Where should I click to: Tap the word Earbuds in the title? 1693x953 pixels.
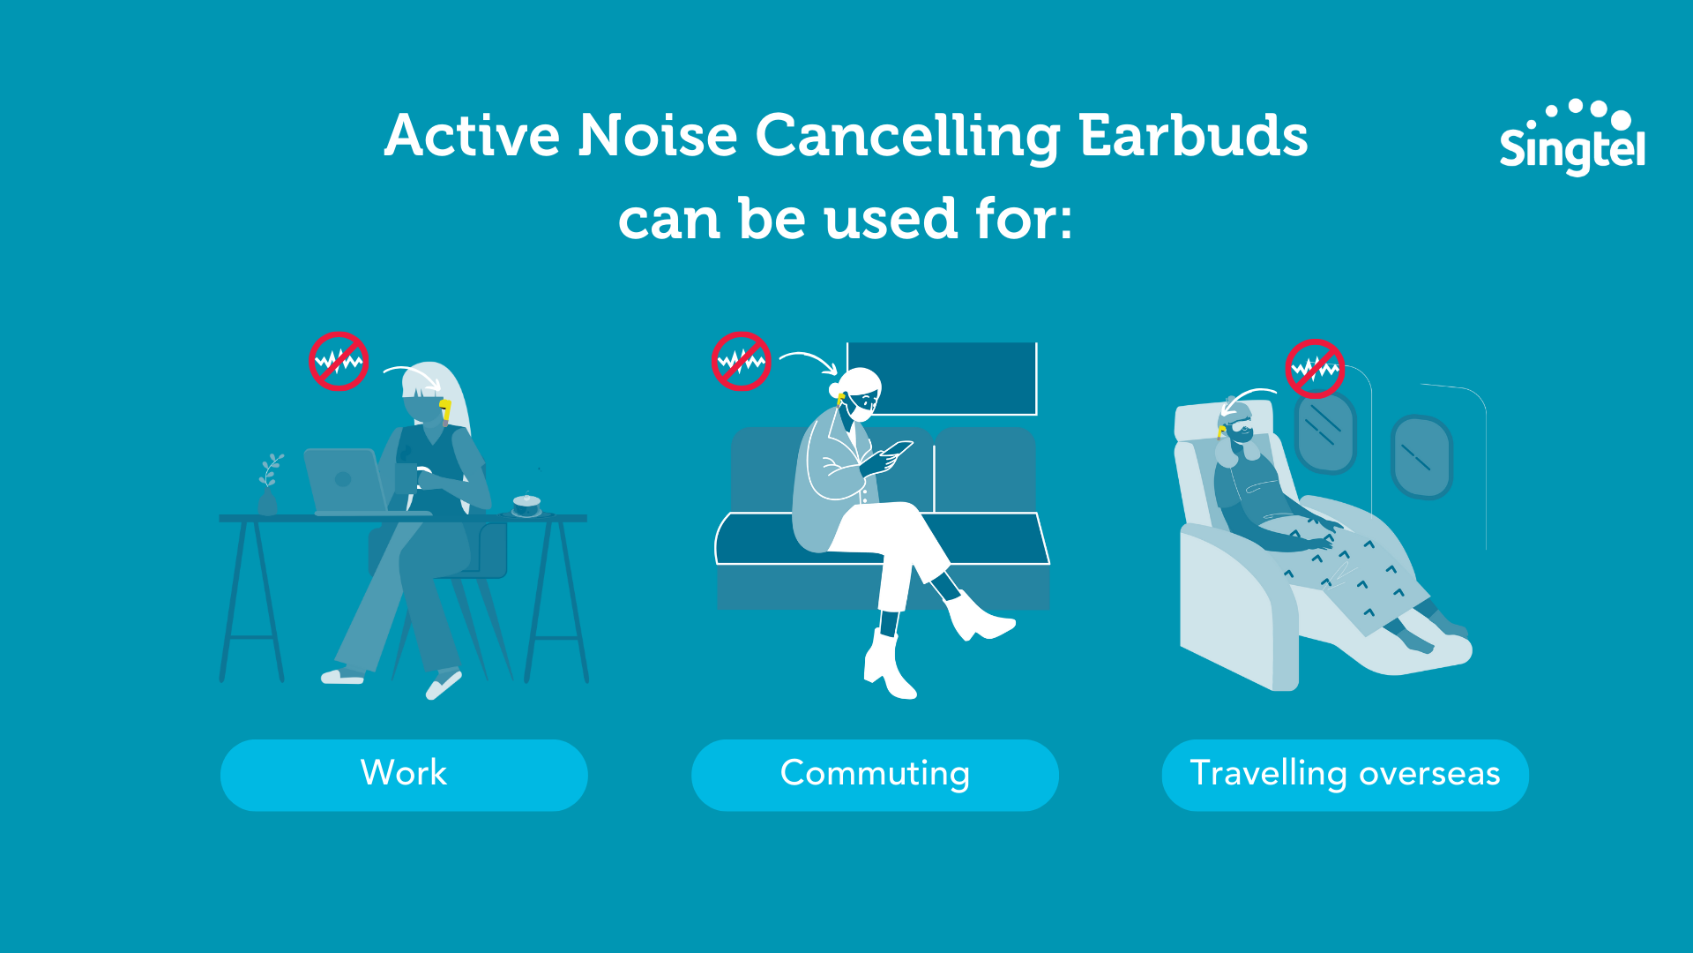click(1193, 136)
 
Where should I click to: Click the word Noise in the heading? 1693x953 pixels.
click(657, 136)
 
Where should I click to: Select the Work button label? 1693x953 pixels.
click(404, 774)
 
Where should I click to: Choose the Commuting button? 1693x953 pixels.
click(875, 774)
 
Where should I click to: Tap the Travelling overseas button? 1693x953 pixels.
click(1345, 774)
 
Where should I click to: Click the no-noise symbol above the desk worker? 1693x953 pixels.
click(339, 361)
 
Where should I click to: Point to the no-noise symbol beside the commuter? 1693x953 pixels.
click(742, 361)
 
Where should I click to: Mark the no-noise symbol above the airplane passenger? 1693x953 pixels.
click(1315, 369)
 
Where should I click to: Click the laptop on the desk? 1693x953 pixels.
click(345, 481)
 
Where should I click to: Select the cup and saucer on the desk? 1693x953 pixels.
click(526, 506)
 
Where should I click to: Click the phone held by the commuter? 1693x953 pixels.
click(898, 449)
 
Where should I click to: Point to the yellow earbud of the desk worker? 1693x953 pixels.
click(445, 408)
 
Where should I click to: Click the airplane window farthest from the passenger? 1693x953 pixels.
click(1421, 456)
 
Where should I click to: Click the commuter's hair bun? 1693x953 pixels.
click(834, 390)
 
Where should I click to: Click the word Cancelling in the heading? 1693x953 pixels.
click(908, 136)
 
